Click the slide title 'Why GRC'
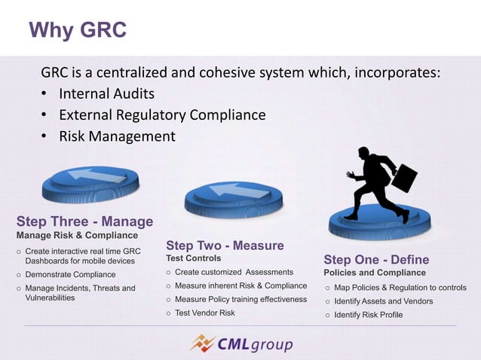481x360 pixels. click(77, 30)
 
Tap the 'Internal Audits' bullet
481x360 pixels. click(106, 94)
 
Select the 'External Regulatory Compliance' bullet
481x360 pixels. click(162, 115)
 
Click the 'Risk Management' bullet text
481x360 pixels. click(117, 136)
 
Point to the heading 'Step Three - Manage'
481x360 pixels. click(84, 221)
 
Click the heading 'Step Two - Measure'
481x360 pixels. click(225, 246)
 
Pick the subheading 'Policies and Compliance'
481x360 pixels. click(375, 273)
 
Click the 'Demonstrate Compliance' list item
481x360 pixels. click(70, 275)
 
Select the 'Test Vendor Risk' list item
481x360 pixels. click(205, 313)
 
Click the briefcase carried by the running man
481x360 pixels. click(403, 178)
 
